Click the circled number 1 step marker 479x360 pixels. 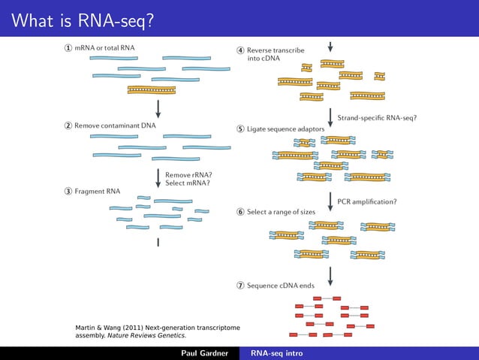pyautogui.click(x=68, y=48)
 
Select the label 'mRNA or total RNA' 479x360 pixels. pyautogui.click(x=105, y=48)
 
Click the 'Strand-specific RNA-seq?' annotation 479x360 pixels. pyautogui.click(x=377, y=118)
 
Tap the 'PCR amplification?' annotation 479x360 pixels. pyautogui.click(x=367, y=201)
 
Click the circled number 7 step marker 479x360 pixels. pyautogui.click(x=240, y=286)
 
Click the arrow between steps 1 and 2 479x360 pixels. pyautogui.click(x=158, y=108)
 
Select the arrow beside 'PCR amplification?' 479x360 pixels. pyautogui.click(x=330, y=201)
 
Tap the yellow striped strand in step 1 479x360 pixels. pyautogui.click(x=151, y=89)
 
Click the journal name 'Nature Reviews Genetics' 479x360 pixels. pyautogui.click(x=147, y=335)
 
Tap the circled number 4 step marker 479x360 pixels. pyautogui.click(x=240, y=50)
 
